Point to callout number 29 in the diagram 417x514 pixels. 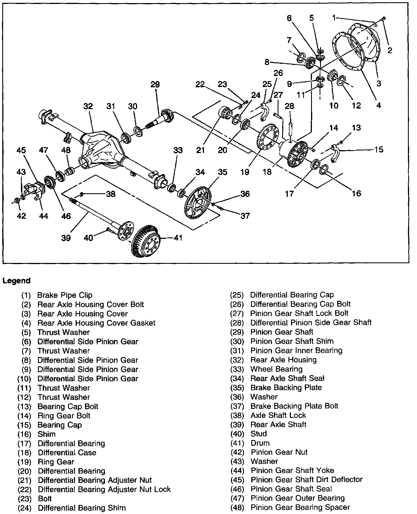click(155, 85)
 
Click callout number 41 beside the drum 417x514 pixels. click(178, 237)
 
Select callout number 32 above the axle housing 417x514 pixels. click(88, 106)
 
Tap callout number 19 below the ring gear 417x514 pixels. click(245, 172)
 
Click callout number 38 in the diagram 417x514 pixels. click(110, 194)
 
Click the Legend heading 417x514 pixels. click(16, 281)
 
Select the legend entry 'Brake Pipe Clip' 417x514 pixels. click(65, 295)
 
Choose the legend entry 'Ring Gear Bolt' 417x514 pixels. click(64, 416)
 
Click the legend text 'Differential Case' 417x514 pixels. click(67, 453)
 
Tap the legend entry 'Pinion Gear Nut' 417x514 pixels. click(279, 452)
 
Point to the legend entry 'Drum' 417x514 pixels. click(260, 443)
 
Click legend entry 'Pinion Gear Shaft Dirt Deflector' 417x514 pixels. click(307, 479)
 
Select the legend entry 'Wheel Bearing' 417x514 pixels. click(276, 369)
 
